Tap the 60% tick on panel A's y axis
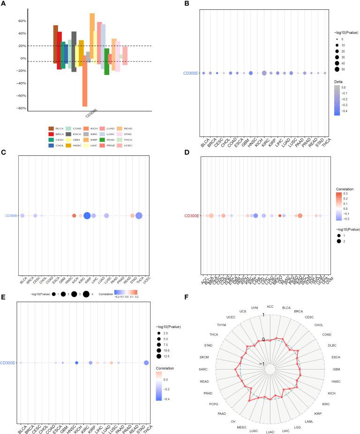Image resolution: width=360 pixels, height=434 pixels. tap(22, 21)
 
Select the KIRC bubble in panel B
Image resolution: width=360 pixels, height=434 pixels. tap(264, 73)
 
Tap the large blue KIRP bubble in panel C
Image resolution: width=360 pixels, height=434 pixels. tap(87, 215)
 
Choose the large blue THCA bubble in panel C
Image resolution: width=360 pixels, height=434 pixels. tap(139, 215)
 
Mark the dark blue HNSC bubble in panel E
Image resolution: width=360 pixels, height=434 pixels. tap(76, 363)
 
